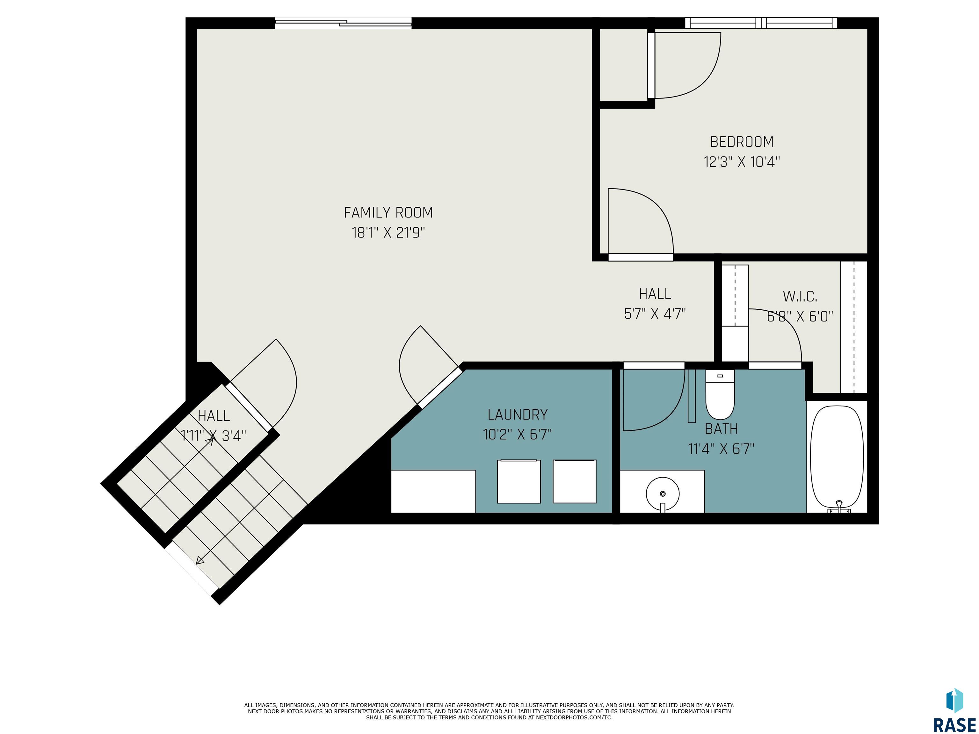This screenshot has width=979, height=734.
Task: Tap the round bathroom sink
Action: click(663, 494)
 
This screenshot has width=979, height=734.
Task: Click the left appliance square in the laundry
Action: click(519, 481)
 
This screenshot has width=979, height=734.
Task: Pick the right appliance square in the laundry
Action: click(575, 481)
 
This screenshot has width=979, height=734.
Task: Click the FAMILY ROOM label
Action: click(388, 213)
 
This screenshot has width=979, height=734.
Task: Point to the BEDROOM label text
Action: click(742, 142)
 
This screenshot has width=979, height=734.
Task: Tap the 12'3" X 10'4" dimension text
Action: click(742, 162)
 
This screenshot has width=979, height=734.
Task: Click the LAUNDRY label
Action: click(517, 414)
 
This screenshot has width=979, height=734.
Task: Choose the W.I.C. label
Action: click(800, 296)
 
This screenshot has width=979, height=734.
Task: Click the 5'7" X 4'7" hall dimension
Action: click(655, 314)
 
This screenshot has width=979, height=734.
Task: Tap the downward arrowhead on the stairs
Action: click(199, 561)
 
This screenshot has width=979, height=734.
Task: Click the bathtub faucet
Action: click(839, 507)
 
